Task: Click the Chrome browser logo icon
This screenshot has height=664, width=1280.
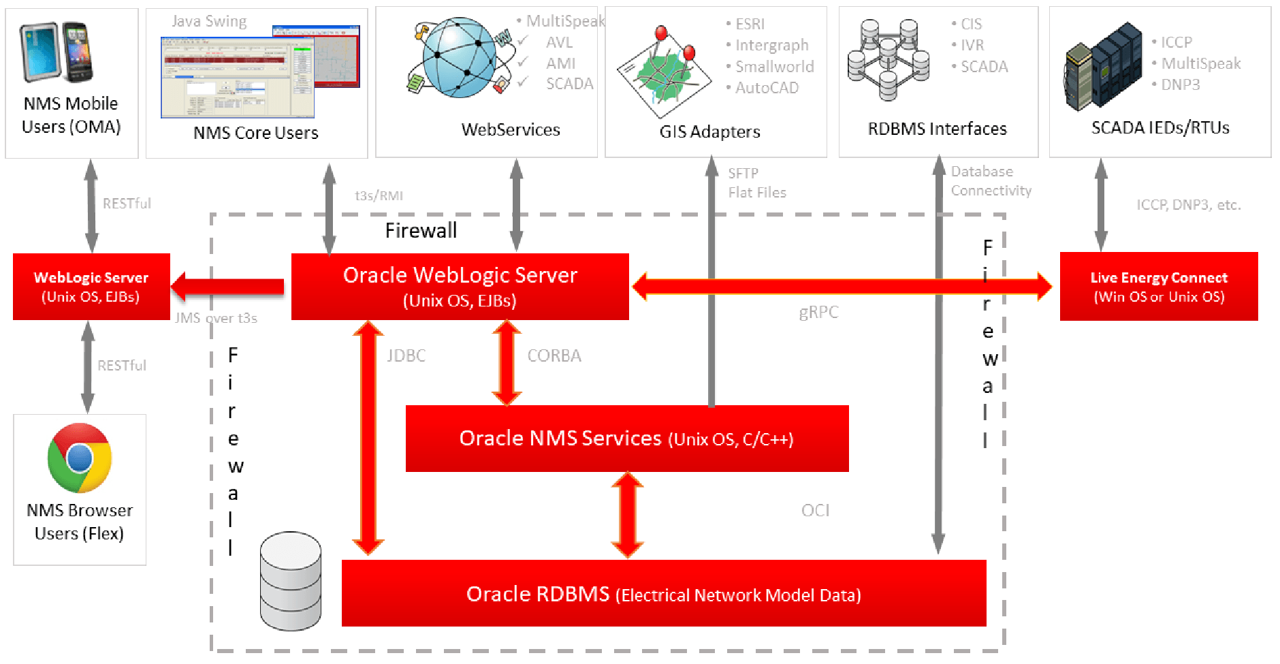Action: [80, 458]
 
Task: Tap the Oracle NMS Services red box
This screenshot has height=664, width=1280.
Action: [626, 439]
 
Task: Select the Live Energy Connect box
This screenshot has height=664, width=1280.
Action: [1158, 287]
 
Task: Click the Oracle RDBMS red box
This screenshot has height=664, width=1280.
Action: [663, 594]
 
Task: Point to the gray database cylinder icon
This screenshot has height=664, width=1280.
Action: [291, 581]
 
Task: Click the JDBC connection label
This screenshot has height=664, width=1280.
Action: [406, 355]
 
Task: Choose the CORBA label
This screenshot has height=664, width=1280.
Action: [554, 355]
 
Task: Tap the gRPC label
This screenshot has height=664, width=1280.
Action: [818, 312]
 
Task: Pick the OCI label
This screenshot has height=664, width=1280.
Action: [815, 510]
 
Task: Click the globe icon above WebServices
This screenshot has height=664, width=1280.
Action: [460, 57]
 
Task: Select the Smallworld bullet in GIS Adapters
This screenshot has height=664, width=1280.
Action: [774, 67]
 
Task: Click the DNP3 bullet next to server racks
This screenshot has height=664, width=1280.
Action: [1180, 84]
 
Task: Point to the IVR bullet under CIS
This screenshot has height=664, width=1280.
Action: [972, 45]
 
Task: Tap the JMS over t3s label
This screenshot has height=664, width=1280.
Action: [216, 318]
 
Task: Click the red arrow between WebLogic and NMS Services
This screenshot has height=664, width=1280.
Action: [507, 362]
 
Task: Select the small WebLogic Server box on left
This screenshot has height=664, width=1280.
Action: [91, 287]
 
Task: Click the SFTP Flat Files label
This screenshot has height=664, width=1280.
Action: [756, 183]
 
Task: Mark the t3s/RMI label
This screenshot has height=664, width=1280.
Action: [379, 196]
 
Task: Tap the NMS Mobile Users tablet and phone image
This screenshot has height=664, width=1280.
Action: [57, 52]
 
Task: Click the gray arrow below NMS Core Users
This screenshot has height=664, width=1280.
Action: [330, 208]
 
